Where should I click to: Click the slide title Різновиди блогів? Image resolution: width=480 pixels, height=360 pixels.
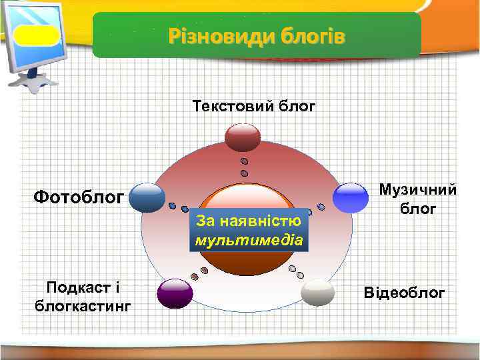point(257,35)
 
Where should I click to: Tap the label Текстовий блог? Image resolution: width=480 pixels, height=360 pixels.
point(253,106)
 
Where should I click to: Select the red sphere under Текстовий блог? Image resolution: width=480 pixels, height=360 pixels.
point(243,137)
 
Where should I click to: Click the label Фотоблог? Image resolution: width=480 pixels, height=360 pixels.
point(79,197)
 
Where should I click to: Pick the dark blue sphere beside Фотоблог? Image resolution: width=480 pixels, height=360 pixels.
point(147,197)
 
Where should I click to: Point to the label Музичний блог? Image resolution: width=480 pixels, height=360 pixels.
point(418,199)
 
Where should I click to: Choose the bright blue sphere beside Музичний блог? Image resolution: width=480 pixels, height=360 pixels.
point(351,197)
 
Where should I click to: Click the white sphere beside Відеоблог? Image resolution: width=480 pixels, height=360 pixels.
point(318,293)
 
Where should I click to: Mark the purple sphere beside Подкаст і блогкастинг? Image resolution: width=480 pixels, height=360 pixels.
point(175,293)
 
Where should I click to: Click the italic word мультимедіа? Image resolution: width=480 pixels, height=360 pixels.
point(249,239)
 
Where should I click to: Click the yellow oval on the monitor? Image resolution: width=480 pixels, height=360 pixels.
point(37,35)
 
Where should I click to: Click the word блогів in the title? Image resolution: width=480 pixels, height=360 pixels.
point(313,35)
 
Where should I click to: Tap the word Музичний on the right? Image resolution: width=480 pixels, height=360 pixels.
point(418,191)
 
